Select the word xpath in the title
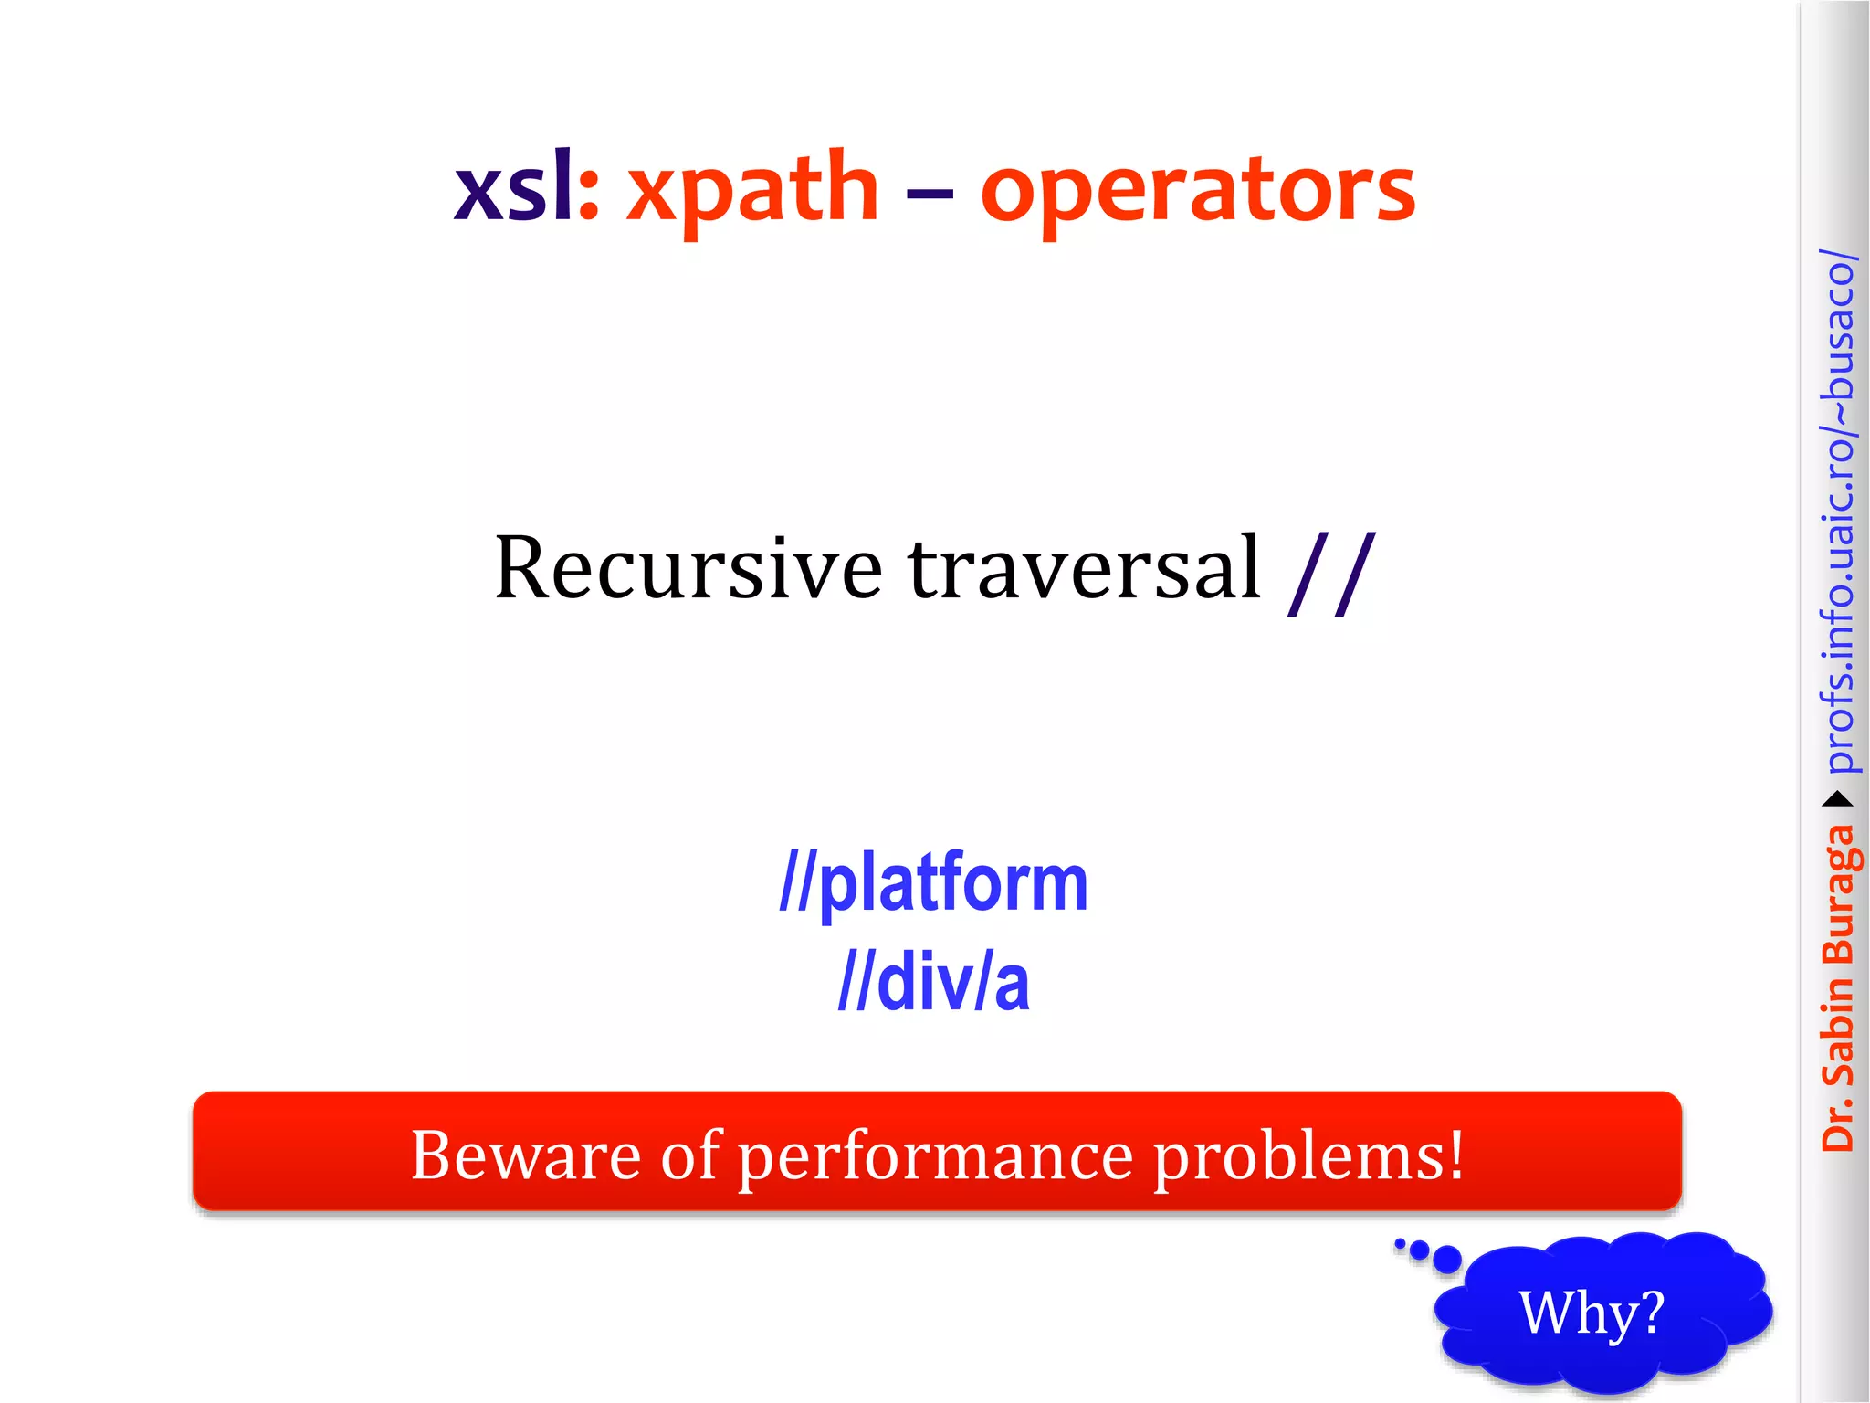751,190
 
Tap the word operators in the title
1197,190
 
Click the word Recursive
688,568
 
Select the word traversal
1084,568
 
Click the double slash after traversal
1330,574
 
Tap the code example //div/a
933,983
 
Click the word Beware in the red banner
525,1155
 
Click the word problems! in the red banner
1308,1156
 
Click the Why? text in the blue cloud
1591,1313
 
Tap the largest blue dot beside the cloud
1446,1260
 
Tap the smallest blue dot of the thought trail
1400,1242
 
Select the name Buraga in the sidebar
1837,895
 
